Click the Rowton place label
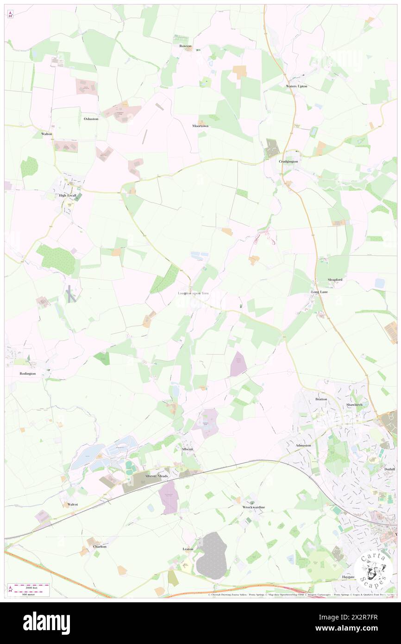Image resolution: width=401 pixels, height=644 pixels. [185, 46]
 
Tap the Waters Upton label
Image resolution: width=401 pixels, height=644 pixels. [296, 87]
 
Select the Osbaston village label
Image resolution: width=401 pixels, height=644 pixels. [91, 119]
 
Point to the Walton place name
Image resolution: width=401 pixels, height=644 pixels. [47, 134]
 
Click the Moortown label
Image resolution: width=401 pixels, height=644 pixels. [200, 126]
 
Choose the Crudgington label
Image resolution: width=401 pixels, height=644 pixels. [288, 161]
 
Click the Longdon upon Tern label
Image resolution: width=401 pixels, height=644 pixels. [194, 293]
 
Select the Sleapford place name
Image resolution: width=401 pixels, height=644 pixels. [335, 280]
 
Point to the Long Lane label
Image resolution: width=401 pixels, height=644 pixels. [319, 292]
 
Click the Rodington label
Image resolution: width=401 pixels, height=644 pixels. [28, 373]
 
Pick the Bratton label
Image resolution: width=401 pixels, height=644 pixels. [321, 399]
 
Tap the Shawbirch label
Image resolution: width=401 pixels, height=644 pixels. [357, 404]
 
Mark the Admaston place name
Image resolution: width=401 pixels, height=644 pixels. [303, 445]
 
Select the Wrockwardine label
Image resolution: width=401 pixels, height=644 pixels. [253, 507]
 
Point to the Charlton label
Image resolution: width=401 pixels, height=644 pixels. [100, 547]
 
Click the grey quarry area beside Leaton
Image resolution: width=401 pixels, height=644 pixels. [212, 556]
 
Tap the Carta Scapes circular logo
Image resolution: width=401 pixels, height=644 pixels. [373, 570]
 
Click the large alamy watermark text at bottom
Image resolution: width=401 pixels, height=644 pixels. [46, 623]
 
